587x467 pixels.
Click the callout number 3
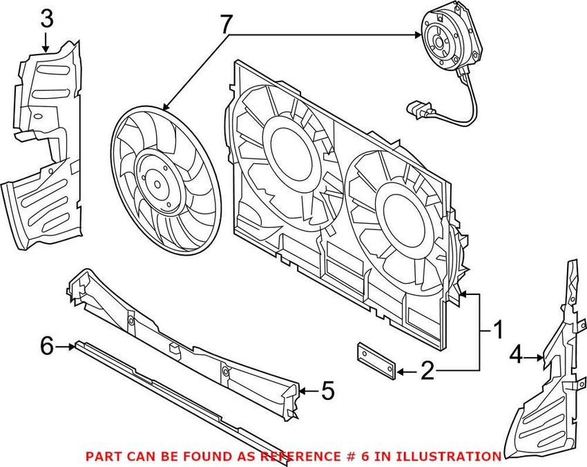pos(46,19)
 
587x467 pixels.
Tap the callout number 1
pos(497,330)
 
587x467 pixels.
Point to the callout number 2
pos(428,372)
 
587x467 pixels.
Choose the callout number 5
pos(327,392)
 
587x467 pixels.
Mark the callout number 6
pos(47,345)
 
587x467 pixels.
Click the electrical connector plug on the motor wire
pos(421,108)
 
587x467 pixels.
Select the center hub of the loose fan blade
pos(157,184)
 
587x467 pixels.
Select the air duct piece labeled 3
pos(45,138)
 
